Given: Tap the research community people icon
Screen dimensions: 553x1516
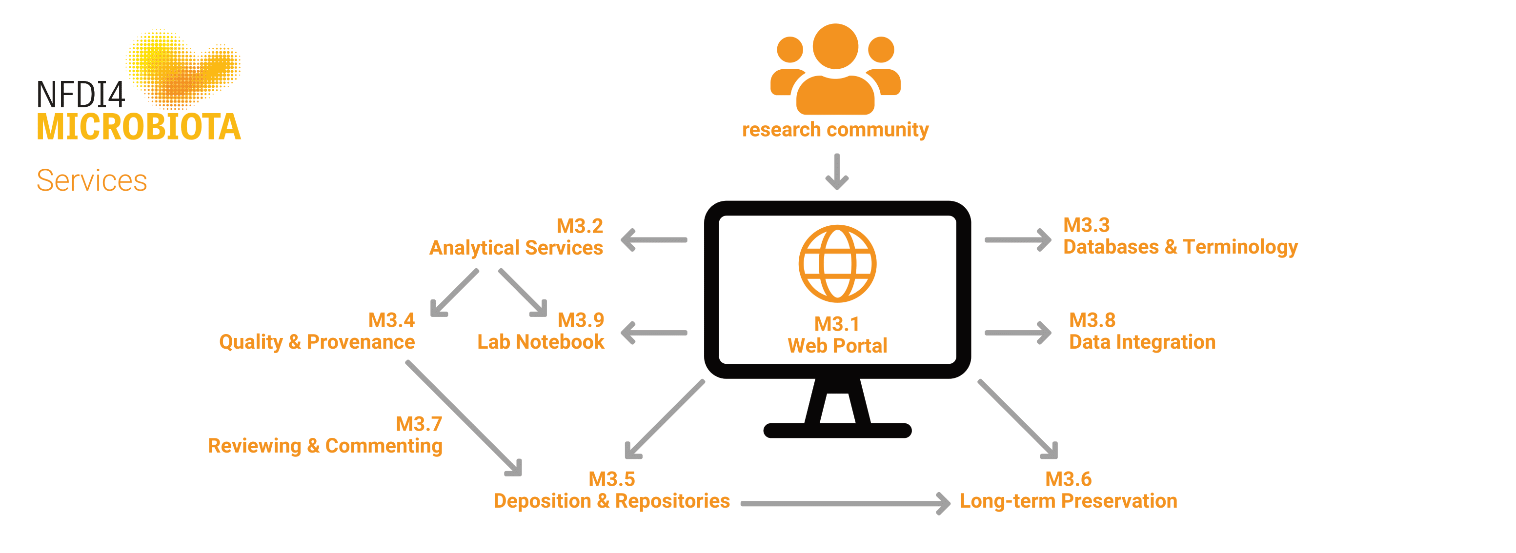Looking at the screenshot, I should coord(835,71).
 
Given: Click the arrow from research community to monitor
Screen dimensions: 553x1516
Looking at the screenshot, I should coord(836,171).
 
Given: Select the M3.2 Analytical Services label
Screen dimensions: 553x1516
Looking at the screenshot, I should coord(517,237).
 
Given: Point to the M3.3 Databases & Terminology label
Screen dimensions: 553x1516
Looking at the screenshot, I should coord(1179,236).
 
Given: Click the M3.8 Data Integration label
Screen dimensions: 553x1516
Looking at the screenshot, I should coord(1142,331).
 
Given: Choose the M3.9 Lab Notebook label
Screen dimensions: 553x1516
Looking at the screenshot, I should coord(540,331).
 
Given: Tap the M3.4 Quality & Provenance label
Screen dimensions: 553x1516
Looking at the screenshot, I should coord(317,331).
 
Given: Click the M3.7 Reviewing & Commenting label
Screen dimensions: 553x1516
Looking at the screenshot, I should coord(325,435).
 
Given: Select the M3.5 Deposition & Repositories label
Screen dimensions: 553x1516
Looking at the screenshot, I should coord(611,490).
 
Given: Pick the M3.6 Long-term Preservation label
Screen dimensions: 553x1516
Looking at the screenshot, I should coord(1068,490).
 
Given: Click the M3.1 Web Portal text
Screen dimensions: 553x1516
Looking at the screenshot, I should coord(837,335).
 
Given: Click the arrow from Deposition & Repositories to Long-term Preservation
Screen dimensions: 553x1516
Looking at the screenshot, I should coord(845,504).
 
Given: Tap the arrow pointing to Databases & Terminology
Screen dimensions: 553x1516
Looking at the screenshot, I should coord(1017,240).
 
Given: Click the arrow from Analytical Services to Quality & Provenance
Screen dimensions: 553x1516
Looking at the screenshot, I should coord(455,293).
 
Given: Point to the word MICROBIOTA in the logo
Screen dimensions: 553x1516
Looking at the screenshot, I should coord(139,127).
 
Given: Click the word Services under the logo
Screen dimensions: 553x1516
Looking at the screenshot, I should coord(92,180).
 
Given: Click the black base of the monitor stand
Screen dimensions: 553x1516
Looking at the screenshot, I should coord(837,431).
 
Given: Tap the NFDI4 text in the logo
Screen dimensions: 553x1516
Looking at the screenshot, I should coord(81,94).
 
